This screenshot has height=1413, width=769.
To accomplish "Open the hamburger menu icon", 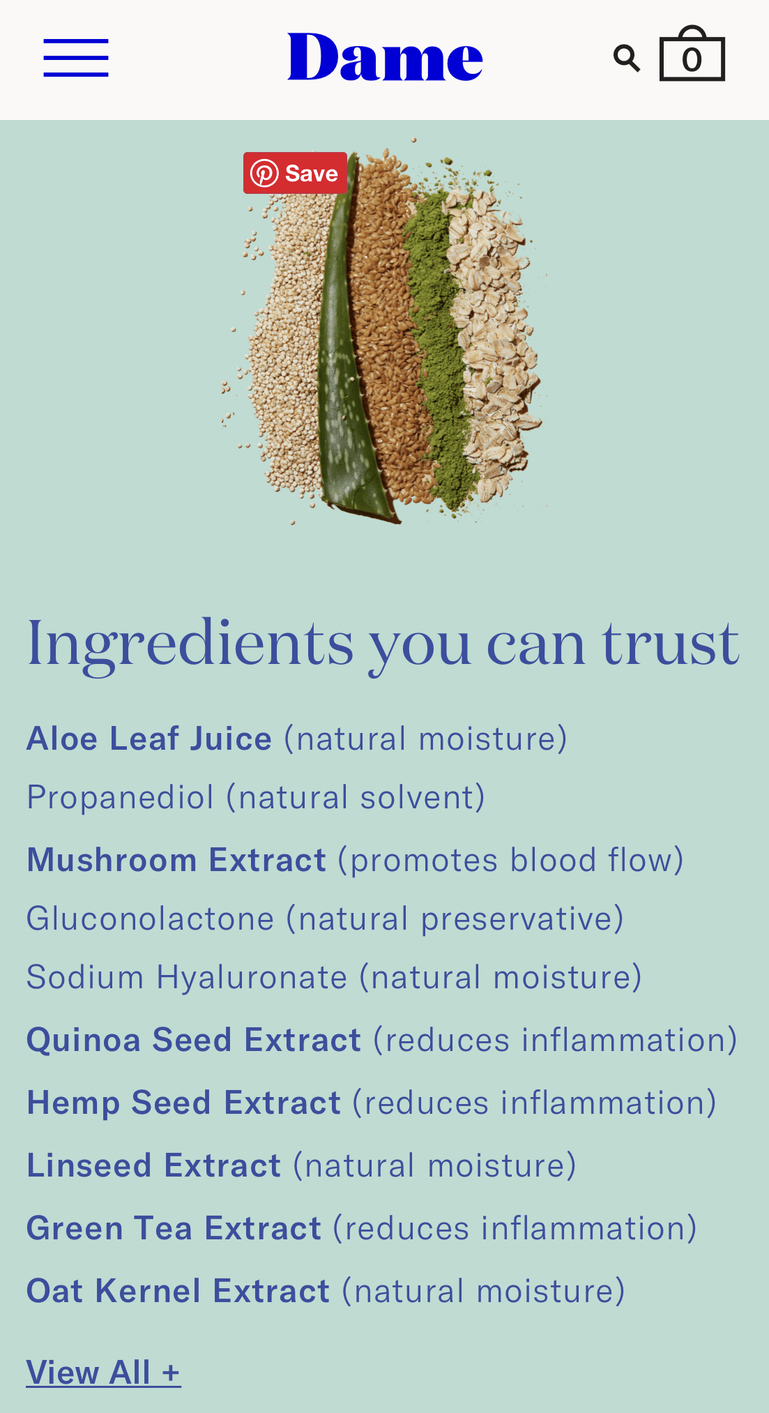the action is tap(76, 58).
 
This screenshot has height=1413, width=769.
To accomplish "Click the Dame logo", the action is tap(385, 57).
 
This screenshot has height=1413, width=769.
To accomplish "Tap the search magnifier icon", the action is tap(627, 59).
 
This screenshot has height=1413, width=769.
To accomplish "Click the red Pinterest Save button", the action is tap(295, 173).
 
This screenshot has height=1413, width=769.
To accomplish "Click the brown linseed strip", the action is tap(387, 314).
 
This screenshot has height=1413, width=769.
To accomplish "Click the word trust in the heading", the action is tap(670, 643).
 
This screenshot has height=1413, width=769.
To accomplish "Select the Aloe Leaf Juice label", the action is tap(149, 739).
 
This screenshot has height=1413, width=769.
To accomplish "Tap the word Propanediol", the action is tap(120, 797).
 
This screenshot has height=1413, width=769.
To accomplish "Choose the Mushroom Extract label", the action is tap(176, 860).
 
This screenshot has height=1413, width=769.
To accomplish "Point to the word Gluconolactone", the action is tap(150, 919).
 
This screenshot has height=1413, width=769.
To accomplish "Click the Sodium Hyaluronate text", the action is tap(187, 977).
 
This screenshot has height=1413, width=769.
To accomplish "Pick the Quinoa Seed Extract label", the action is tap(194, 1040).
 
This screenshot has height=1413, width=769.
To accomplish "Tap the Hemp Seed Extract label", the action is tap(184, 1103).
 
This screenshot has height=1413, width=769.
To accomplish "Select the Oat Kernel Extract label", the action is tap(178, 1291).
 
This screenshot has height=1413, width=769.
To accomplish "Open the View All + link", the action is tap(103, 1373).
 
